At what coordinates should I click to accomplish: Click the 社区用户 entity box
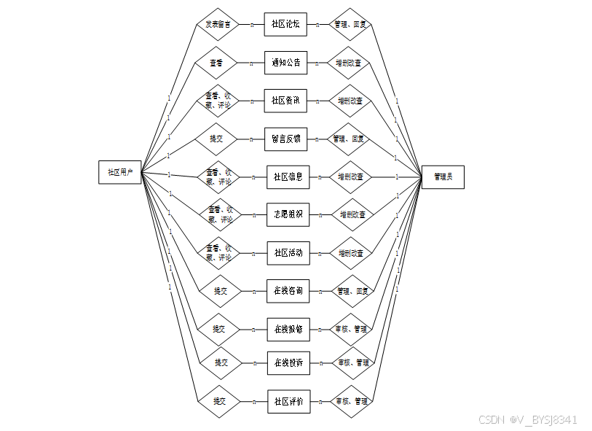120,172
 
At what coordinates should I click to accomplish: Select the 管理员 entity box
443,176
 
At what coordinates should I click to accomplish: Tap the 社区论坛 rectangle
285,24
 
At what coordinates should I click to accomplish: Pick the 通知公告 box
285,63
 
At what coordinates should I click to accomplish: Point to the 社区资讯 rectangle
285,101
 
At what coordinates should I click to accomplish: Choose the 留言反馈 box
285,139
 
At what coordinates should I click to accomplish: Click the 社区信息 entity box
288,176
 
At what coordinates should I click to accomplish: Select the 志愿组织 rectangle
288,214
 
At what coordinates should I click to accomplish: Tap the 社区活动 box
288,253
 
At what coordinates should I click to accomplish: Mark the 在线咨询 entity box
288,291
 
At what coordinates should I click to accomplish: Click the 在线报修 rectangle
288,329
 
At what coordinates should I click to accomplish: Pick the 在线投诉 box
288,362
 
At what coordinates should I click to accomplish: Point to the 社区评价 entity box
288,401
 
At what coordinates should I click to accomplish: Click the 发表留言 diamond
218,24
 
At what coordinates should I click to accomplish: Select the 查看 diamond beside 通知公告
216,63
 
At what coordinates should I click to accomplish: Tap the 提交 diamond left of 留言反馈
216,139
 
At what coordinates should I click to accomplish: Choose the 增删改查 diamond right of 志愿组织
352,215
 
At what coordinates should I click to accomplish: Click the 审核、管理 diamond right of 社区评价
351,401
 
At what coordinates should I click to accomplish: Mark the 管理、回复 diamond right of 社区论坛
350,24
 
